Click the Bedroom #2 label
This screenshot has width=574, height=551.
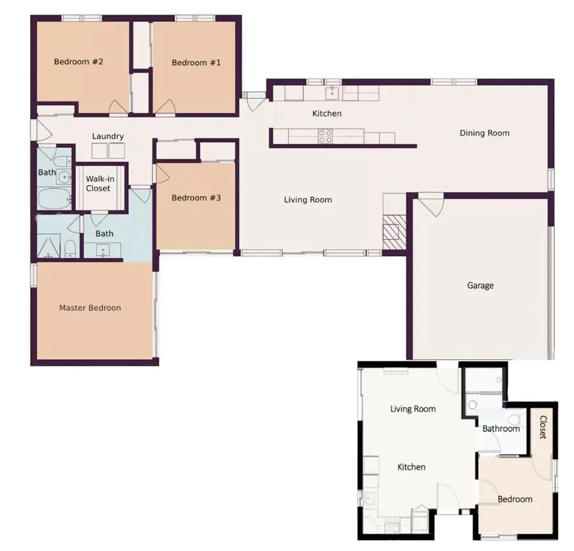[x=78, y=62]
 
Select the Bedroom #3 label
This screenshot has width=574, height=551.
[x=196, y=197]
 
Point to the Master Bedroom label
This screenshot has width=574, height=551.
[x=90, y=308]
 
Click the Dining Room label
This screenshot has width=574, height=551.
[x=485, y=133]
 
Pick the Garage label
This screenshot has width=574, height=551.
[x=480, y=285]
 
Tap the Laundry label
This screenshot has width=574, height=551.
[x=108, y=136]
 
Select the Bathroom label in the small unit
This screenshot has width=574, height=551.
[x=501, y=429]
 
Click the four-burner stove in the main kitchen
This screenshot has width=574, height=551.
[x=325, y=135]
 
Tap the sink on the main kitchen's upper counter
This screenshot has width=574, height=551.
[x=332, y=93]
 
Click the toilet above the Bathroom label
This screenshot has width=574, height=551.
[x=473, y=403]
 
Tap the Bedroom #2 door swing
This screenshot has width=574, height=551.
[x=119, y=108]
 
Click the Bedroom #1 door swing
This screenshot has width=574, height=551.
[x=166, y=108]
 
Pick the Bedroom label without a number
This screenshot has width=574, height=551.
[x=515, y=499]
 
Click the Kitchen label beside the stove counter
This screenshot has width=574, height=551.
[x=327, y=113]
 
